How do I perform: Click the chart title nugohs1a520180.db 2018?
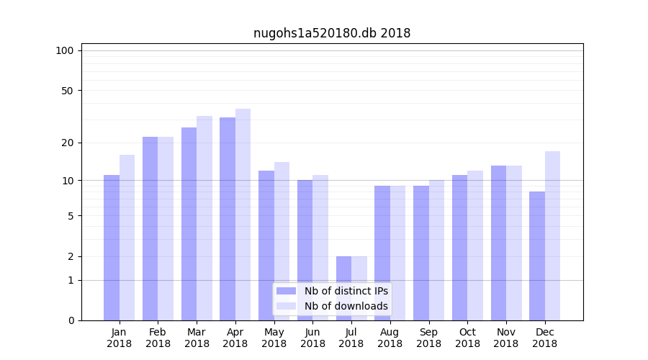tap(332, 33)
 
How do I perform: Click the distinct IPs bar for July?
tap(343, 288)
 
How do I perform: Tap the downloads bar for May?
tap(282, 240)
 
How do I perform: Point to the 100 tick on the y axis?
tap(65, 50)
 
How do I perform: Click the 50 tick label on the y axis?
tap(68, 91)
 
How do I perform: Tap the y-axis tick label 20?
tap(68, 143)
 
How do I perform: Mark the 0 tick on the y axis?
tap(71, 320)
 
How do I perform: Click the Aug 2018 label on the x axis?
tap(390, 338)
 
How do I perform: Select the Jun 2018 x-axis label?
tap(312, 338)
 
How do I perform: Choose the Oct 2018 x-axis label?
tap(467, 338)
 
